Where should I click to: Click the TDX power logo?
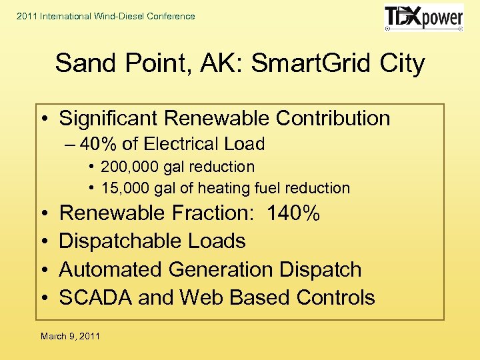point(423,18)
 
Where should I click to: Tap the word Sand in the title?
point(81,64)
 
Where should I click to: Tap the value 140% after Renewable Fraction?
point(293,213)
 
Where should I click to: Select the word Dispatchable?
point(118,241)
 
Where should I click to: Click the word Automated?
point(111,270)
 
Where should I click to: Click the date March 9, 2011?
point(70,336)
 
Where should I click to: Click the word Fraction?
point(208,213)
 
